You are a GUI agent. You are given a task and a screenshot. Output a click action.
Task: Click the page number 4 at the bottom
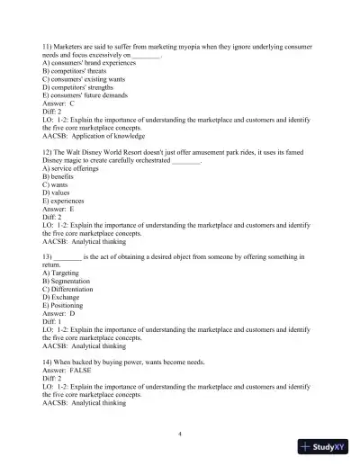180,432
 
